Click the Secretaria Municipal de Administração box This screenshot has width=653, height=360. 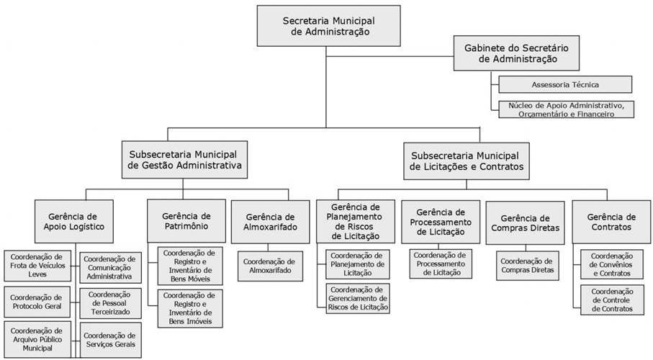(x=328, y=26)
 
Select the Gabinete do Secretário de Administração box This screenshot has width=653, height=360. (x=516, y=53)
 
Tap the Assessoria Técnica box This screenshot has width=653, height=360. (x=565, y=84)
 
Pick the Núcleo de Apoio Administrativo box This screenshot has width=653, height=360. (x=567, y=109)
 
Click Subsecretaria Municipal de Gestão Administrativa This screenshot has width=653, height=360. (x=184, y=160)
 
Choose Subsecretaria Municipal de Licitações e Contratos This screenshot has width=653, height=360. (x=467, y=161)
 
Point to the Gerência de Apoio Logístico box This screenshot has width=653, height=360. (x=74, y=222)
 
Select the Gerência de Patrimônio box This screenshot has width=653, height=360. (x=186, y=221)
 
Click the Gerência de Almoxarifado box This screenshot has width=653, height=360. (x=270, y=222)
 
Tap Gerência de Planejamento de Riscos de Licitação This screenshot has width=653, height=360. (x=356, y=222)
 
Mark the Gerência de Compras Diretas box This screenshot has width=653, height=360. (x=525, y=223)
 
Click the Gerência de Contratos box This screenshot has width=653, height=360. (x=611, y=222)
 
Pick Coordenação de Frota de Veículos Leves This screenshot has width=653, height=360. (x=37, y=266)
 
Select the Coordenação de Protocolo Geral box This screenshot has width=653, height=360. (x=37, y=302)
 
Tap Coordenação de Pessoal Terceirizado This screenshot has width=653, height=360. (x=110, y=303)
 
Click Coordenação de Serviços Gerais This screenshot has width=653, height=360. (x=110, y=340)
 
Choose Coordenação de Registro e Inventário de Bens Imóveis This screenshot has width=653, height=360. (x=190, y=308)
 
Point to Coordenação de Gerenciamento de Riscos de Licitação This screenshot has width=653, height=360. (x=358, y=298)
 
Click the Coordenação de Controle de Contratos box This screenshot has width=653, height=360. (x=612, y=300)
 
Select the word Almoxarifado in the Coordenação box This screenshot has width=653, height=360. (x=270, y=271)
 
